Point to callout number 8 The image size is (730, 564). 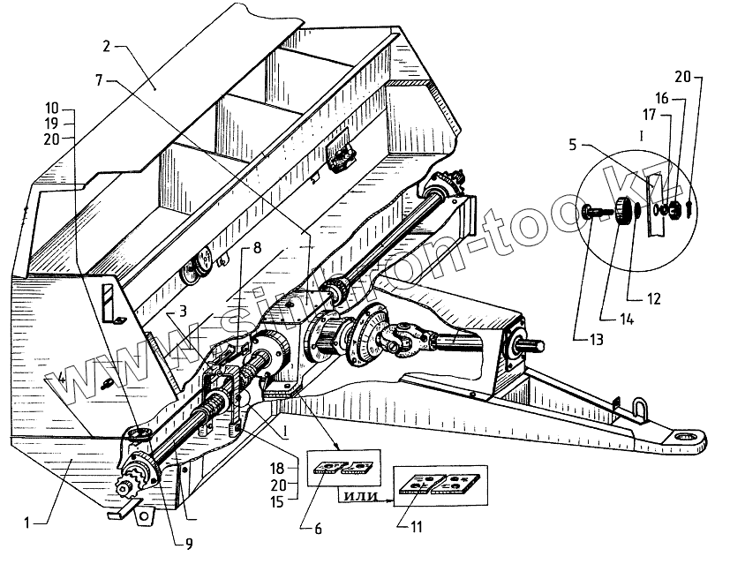257,249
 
